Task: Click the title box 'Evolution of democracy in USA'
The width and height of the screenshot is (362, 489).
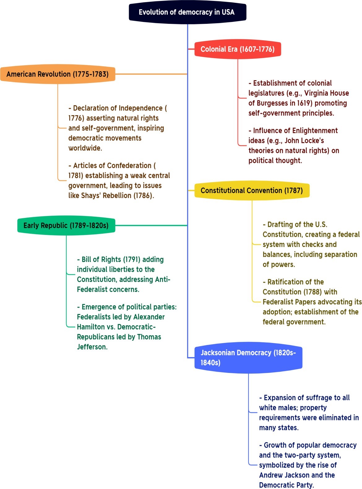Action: coord(187,12)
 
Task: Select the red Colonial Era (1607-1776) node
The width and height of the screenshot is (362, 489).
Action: coord(237,49)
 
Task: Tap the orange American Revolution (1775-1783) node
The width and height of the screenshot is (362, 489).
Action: coord(58,74)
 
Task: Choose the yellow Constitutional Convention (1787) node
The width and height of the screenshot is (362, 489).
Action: coord(252,190)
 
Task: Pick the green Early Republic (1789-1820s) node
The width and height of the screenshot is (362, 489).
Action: coord(66,225)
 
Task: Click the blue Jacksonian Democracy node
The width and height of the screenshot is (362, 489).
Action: coord(248,357)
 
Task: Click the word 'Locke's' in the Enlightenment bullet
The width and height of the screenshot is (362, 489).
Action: coord(313,141)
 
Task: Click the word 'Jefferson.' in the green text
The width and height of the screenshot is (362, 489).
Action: coord(92,347)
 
